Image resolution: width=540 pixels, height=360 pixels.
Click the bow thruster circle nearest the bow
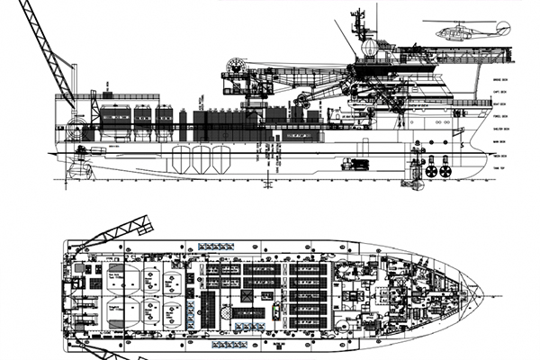(x=445, y=169)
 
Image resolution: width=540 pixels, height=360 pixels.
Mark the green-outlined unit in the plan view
(x=275, y=306)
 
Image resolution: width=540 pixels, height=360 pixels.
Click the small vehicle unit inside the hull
(x=355, y=164)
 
